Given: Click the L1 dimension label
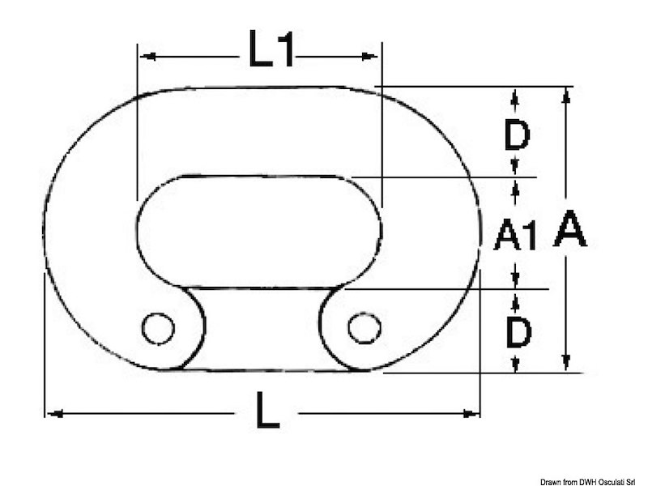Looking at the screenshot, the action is [271, 49].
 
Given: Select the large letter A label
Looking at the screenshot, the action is [570, 228].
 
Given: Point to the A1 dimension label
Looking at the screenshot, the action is [515, 235].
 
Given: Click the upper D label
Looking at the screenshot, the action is [517, 134].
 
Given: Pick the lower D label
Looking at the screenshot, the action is [518, 332].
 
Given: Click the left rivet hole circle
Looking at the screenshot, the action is [158, 329].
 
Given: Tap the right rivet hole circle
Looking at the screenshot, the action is [364, 328].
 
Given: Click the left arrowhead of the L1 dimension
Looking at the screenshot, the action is [147, 56].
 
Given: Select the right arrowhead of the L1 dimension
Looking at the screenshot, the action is [369, 56].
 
